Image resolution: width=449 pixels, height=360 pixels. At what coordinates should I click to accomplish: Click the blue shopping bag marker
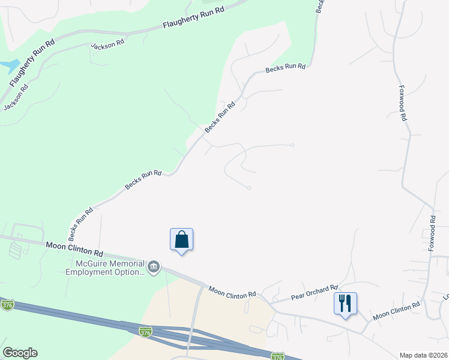[x=182, y=240]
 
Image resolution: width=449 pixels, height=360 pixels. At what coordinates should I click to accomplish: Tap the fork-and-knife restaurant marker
[x=345, y=304]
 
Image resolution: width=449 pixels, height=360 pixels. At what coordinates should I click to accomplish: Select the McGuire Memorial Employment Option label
[x=105, y=268]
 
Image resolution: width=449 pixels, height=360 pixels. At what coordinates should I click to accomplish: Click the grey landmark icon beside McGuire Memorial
[x=154, y=267]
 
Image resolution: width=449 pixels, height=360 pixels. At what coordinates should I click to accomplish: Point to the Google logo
[x=20, y=353]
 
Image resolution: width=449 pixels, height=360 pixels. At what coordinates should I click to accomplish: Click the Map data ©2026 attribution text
[x=423, y=355]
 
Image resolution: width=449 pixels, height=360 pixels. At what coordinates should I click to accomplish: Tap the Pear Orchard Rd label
[x=315, y=292]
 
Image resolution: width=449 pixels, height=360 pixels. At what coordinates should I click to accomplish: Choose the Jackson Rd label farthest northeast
[x=107, y=44]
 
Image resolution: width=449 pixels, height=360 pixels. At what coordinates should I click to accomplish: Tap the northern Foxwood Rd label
[x=403, y=103]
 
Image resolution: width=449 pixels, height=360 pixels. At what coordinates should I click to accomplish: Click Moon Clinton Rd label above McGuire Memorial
[x=74, y=248]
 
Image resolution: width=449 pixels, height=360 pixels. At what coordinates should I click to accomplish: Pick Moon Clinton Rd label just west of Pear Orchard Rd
[x=232, y=291]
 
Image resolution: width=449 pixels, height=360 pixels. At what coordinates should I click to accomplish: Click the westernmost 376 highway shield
[x=7, y=304]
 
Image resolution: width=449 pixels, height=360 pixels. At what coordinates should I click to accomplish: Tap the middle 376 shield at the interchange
[x=145, y=331]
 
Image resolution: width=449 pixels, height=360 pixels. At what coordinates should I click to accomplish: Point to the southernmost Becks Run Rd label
[x=80, y=221]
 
